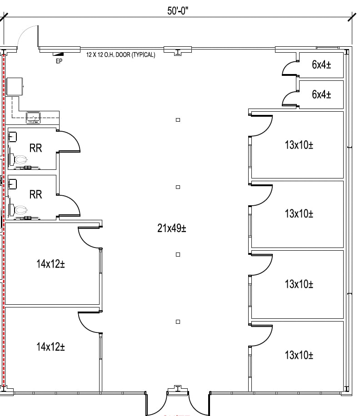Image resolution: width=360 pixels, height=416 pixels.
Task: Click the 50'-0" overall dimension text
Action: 177,11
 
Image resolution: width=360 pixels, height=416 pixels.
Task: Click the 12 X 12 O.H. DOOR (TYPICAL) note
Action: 121,54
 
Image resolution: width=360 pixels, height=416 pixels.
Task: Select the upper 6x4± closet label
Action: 321,65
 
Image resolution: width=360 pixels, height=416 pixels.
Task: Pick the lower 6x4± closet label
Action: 321,94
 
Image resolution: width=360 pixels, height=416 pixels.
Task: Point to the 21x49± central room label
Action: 172,228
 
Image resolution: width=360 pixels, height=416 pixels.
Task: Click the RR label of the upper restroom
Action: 35,148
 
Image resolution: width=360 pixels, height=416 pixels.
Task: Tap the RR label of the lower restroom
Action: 35,195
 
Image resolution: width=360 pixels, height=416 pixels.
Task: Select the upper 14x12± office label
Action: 50,264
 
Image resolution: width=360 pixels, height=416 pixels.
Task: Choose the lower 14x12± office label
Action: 50,347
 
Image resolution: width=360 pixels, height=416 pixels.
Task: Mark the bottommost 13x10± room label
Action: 299,355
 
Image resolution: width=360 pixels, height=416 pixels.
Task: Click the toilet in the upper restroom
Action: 20,160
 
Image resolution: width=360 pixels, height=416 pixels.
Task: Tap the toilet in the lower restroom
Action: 20,210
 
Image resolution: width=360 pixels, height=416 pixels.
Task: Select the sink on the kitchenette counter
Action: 33,118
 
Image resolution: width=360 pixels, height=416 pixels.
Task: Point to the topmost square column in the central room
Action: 178,120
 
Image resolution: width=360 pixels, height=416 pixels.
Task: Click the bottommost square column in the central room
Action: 178,322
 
